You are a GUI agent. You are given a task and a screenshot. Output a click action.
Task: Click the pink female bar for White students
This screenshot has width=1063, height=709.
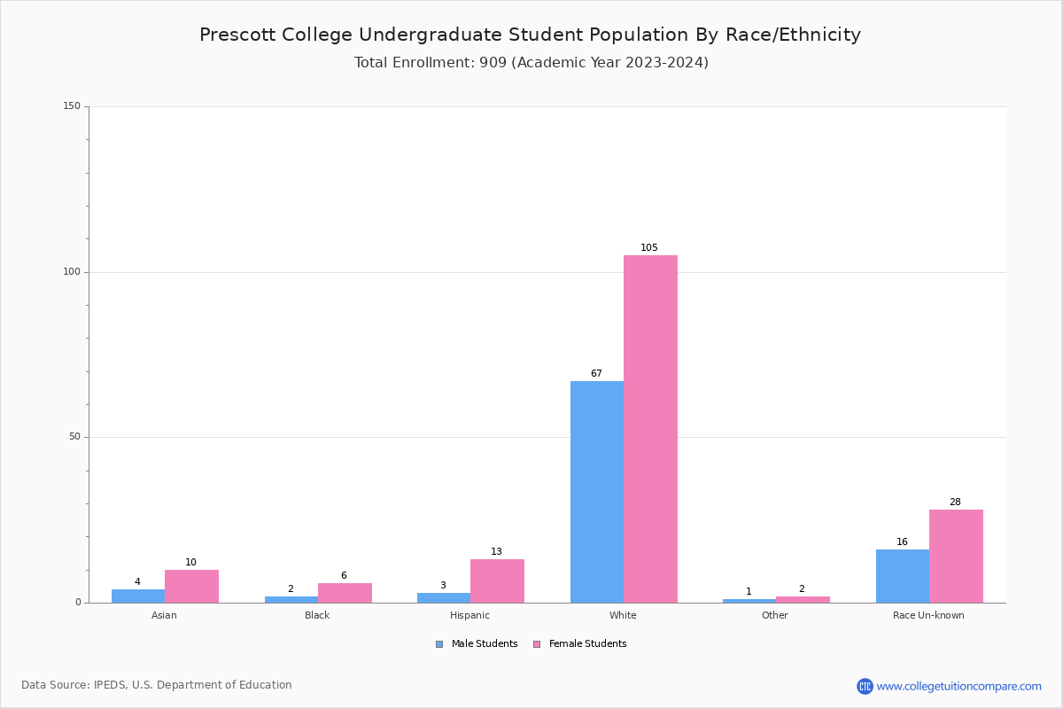pos(650,429)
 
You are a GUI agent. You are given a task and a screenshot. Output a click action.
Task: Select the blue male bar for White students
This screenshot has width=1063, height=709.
pos(597,492)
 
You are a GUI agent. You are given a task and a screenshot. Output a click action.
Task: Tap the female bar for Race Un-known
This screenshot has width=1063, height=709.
pos(956,556)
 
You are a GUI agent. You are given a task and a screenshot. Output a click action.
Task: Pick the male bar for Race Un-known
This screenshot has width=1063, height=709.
pos(903,576)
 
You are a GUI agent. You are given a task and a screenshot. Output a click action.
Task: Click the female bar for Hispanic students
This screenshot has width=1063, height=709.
pos(497,580)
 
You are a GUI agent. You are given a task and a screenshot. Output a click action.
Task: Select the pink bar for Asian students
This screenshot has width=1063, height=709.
pos(191,586)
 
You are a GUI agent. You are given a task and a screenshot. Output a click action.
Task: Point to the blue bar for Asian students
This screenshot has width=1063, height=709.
pos(138,596)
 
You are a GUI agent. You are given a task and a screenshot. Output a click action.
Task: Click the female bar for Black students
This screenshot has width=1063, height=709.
pos(345,593)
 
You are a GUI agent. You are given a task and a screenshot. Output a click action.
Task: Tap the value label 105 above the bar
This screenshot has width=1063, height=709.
pos(649,248)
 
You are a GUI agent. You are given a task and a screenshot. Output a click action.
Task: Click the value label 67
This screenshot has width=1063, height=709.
pos(596,374)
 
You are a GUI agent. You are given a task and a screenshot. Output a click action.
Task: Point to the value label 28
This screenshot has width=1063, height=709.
pos(955,503)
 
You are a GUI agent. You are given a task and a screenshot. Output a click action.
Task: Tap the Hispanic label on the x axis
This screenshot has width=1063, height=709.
pos(469,615)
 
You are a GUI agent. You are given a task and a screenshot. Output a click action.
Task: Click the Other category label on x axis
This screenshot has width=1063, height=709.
pos(774,615)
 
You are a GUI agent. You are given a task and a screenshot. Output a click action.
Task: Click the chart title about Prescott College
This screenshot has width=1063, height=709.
pos(530,35)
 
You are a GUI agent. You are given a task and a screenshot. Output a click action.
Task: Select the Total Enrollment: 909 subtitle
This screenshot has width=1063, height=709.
pos(531,63)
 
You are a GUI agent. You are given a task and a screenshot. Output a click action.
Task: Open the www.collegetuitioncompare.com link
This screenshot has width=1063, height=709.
pos(958,686)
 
